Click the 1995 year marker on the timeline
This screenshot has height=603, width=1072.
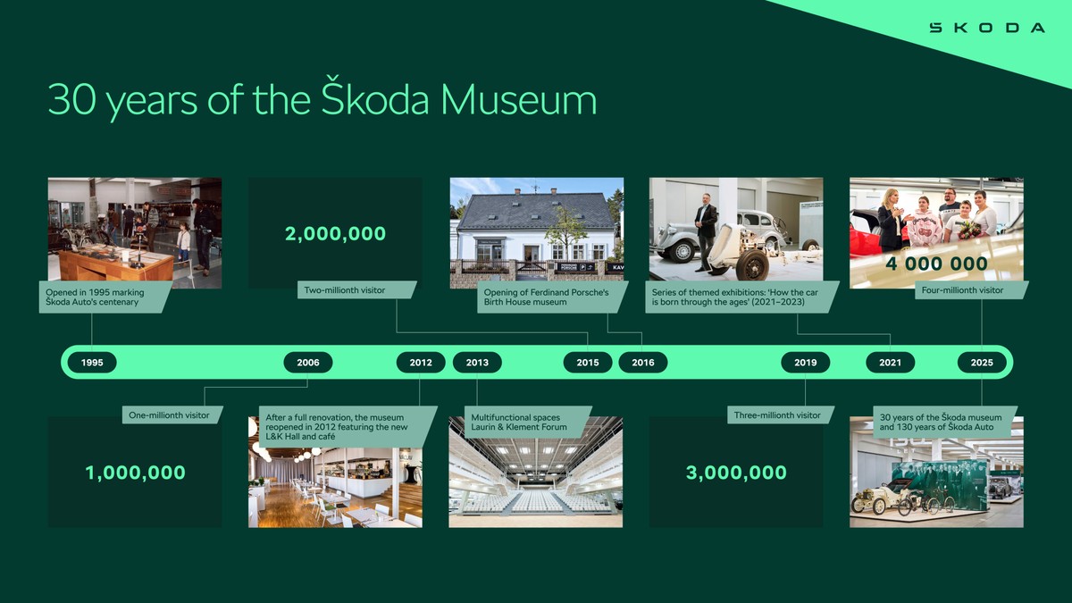(92, 363)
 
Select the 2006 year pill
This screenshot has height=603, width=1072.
(308, 363)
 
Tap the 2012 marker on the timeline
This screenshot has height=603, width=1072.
(421, 363)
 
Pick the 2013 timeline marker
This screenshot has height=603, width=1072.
(477, 363)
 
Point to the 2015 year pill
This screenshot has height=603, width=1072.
(588, 363)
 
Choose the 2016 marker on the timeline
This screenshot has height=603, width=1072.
(643, 363)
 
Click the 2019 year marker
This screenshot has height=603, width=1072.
(806, 363)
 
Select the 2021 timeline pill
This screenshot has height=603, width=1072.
(891, 363)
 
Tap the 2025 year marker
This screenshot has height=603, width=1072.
(982, 363)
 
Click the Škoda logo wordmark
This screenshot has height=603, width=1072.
(986, 28)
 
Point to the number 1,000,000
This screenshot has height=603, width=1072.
(136, 473)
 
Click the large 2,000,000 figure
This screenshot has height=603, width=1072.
(336, 234)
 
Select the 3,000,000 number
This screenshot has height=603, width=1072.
(736, 473)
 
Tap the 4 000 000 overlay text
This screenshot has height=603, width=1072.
(937, 264)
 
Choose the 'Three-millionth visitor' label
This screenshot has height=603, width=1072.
(776, 415)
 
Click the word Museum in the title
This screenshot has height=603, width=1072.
(518, 100)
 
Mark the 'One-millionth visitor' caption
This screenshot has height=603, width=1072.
(170, 415)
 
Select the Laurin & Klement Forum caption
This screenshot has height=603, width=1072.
(519, 422)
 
